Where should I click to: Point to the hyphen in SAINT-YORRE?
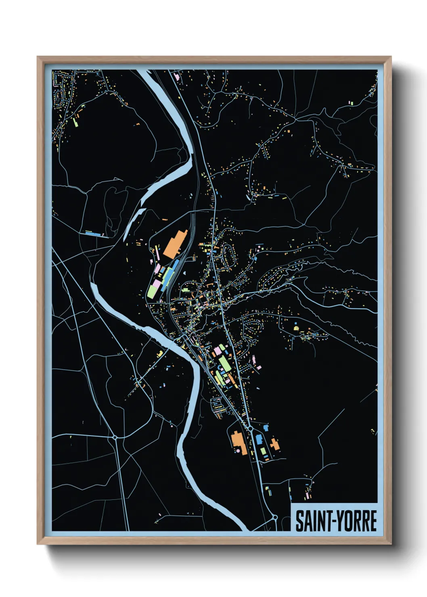tap(333, 521)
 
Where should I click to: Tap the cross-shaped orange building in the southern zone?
tap(275, 444)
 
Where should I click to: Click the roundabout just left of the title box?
tap(275, 517)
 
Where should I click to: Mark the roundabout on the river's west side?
tap(115, 437)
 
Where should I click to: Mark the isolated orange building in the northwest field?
tap(137, 125)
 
